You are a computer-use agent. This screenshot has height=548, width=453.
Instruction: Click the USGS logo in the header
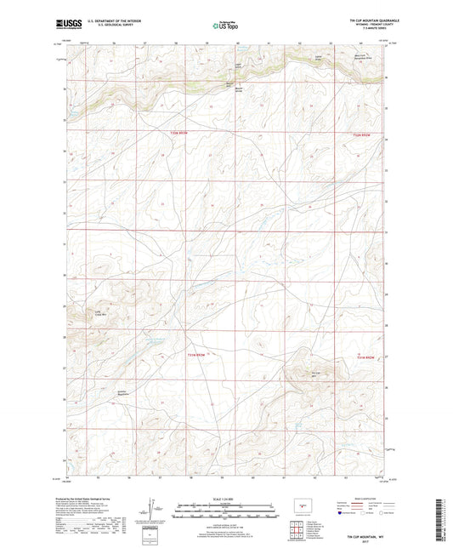coord(65,26)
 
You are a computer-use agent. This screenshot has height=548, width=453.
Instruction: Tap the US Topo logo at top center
coord(225,26)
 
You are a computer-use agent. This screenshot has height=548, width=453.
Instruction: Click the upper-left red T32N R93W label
coord(176,134)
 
